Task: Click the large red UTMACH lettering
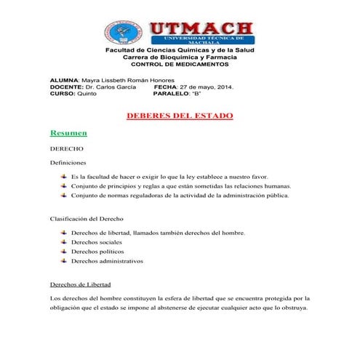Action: [x=201, y=28]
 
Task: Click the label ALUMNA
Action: [x=64, y=80]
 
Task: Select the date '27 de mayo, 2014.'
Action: [x=207, y=87]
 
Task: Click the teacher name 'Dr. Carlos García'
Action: [x=111, y=87]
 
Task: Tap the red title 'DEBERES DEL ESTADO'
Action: [x=180, y=116]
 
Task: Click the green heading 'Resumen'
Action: [x=68, y=133]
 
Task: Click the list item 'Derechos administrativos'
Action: [x=107, y=261]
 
